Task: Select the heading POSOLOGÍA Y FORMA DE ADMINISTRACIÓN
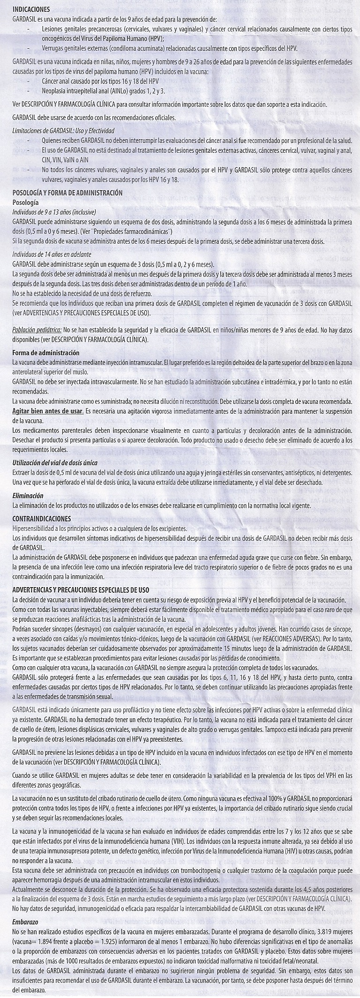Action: coord(67,193)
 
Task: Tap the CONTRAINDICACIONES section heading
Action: coord(42,519)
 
